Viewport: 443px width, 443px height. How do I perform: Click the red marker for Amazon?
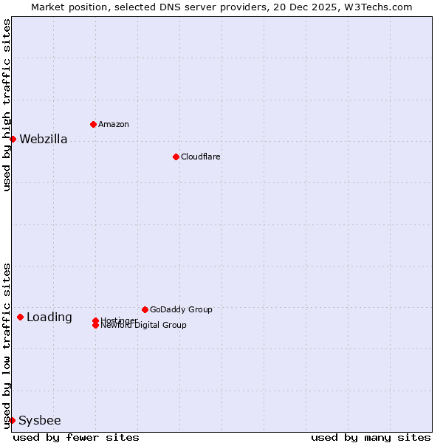click(93, 124)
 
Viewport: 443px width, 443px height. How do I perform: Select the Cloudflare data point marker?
click(176, 157)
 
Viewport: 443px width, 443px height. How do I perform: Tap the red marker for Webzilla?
click(13, 139)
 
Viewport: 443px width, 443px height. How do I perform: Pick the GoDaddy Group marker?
click(145, 309)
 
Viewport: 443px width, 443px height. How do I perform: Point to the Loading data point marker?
click(20, 317)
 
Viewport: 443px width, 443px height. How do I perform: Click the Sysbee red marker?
click(12, 420)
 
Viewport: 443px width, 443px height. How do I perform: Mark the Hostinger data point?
click(95, 320)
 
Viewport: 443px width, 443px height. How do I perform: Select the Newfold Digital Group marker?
click(95, 326)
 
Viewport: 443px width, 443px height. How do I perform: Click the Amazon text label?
click(114, 124)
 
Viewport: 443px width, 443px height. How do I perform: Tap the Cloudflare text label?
click(201, 157)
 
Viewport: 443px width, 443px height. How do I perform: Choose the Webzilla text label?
click(44, 139)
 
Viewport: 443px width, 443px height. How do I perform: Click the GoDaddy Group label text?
click(181, 309)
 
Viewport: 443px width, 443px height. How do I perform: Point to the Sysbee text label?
click(40, 421)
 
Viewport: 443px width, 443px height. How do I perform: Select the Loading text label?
click(49, 317)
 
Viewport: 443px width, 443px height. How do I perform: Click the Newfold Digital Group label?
click(144, 326)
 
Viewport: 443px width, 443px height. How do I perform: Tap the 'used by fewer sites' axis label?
click(76, 437)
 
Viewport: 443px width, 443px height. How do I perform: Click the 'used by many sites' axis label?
click(371, 437)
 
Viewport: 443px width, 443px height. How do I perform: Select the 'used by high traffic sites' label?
click(7, 105)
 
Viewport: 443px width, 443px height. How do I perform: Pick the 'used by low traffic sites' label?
click(7, 345)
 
